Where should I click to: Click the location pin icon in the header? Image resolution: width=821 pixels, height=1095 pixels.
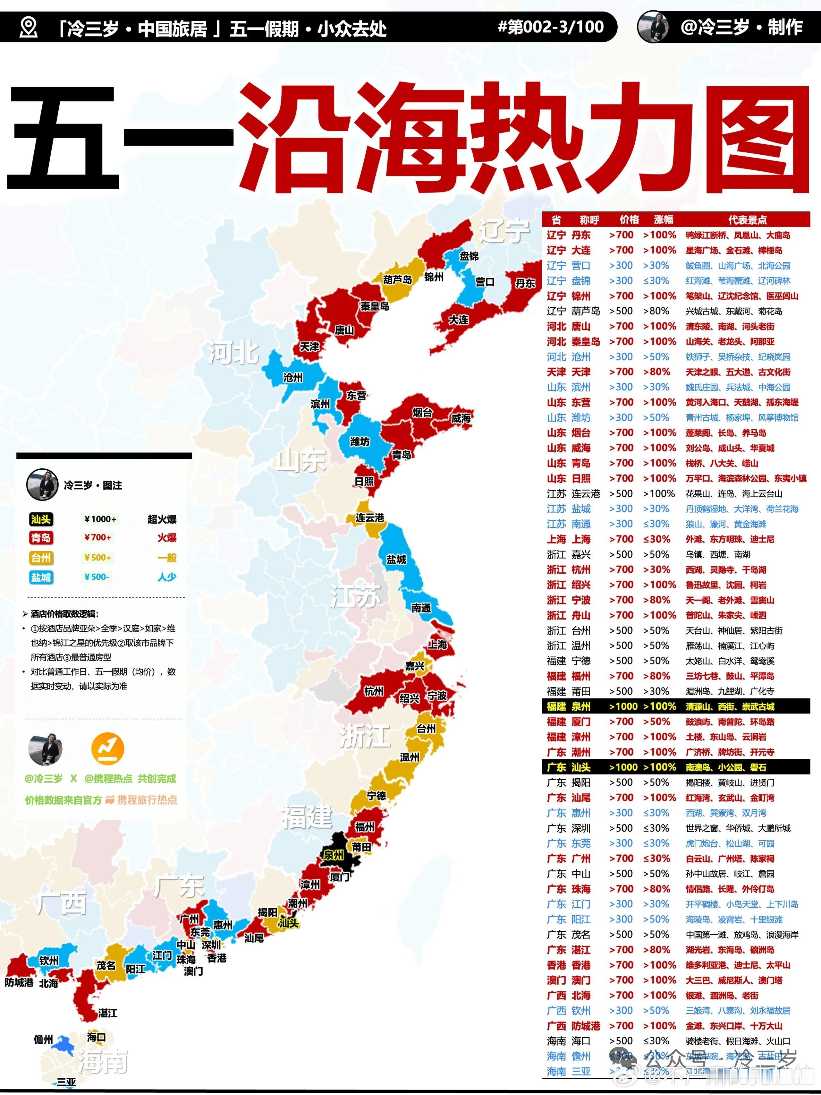coord(28,27)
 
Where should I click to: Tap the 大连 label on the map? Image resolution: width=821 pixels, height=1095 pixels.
coord(458,320)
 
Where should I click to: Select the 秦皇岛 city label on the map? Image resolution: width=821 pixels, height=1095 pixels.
coord(375,306)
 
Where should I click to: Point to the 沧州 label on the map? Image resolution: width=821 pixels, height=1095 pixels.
coord(292,377)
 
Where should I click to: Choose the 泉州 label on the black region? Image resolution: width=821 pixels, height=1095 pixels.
coord(333,855)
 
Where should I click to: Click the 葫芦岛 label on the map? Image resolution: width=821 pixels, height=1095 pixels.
coord(397,280)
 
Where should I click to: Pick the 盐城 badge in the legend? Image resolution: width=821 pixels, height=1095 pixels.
coord(41,577)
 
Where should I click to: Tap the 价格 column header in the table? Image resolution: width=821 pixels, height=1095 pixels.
coord(629,220)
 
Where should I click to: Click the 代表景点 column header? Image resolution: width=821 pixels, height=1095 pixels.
coord(747,220)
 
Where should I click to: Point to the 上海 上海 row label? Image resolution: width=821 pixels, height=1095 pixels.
coord(569,539)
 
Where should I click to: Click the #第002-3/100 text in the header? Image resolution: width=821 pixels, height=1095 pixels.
coord(550,27)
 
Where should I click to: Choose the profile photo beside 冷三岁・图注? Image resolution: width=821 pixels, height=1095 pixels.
coord(42,485)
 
